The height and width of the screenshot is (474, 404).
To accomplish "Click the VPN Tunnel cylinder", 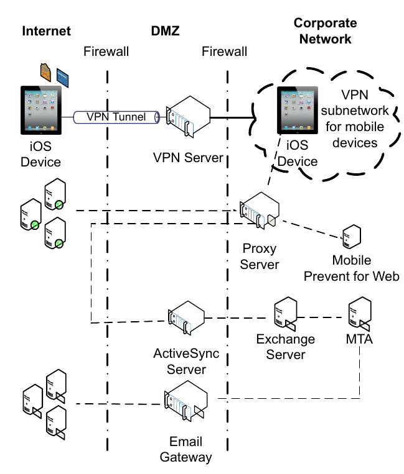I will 116,116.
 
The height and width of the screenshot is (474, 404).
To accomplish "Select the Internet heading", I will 45,31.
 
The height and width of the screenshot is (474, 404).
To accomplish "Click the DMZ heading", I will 165,31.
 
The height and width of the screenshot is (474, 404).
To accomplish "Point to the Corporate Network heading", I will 325,31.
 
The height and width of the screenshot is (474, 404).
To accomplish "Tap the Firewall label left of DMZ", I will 106,52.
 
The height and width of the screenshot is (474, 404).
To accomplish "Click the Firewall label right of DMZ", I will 225,52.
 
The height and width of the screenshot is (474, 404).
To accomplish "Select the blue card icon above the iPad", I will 63,76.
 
